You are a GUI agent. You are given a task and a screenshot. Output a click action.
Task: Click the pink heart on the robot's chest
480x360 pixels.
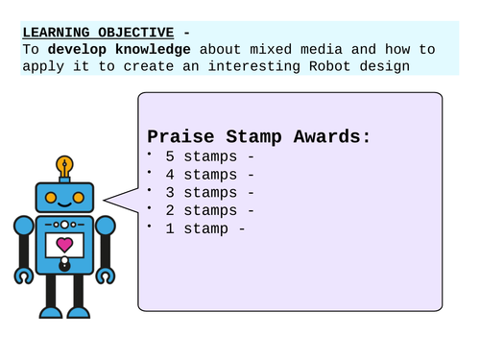pos(64,245)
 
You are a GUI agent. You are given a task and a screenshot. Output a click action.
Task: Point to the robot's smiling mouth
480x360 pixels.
pos(64,204)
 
